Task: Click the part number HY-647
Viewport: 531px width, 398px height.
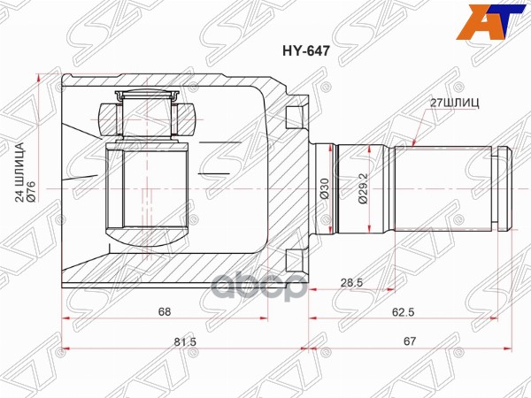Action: (x=306, y=51)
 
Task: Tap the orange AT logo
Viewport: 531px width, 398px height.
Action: (x=489, y=22)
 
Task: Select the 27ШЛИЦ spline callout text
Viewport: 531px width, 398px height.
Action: (x=455, y=103)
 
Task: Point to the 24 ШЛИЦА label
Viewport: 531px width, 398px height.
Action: (x=20, y=172)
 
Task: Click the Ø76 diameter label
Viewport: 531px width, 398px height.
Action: (x=31, y=192)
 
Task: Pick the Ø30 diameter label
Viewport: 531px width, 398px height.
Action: (x=325, y=188)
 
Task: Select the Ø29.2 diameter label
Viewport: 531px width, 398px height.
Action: (x=362, y=188)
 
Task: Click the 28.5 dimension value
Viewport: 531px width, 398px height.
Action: (x=351, y=282)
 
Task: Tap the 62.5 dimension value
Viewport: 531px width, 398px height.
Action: (x=403, y=311)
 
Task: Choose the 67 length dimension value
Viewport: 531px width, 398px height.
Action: (x=410, y=341)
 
